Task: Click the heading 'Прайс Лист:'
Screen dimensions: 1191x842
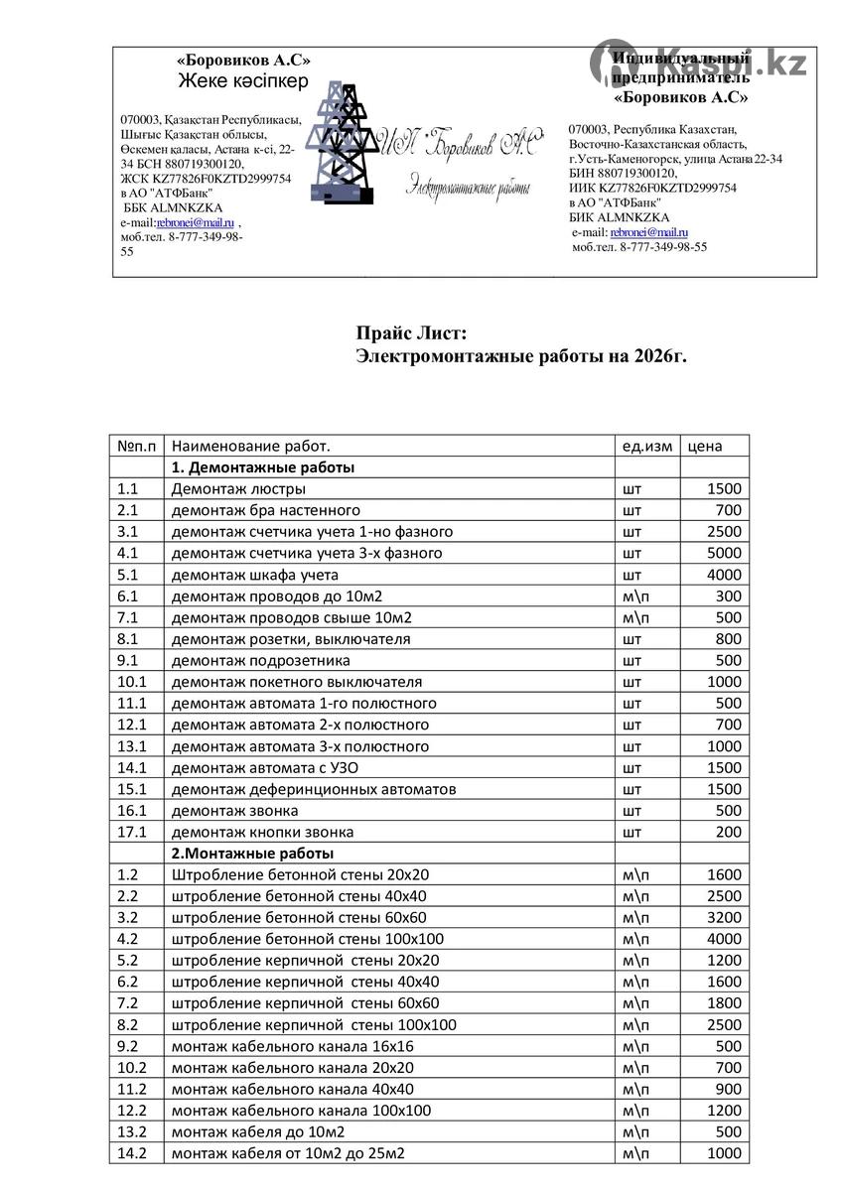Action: click(410, 334)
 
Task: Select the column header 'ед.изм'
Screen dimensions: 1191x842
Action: click(646, 446)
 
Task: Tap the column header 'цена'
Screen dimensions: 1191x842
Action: click(705, 446)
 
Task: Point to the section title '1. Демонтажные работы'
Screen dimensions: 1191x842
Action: click(263, 467)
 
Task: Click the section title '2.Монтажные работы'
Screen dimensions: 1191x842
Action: click(252, 854)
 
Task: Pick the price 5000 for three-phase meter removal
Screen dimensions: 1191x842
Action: click(724, 553)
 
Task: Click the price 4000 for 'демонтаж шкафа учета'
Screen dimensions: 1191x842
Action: click(724, 575)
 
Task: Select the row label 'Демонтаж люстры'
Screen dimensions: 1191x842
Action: click(238, 488)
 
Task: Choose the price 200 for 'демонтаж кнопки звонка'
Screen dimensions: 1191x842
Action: click(728, 832)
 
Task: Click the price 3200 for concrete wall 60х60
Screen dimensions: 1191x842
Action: click(724, 918)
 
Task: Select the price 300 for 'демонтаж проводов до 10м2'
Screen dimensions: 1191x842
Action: click(728, 596)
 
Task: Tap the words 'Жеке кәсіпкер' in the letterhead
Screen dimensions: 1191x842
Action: click(242, 81)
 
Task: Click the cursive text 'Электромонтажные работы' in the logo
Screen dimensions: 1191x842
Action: click(469, 186)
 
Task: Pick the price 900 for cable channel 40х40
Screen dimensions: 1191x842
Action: click(728, 1089)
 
